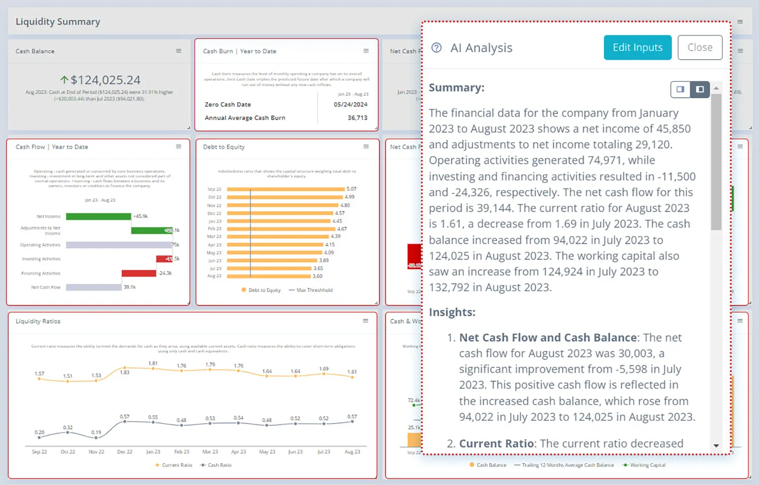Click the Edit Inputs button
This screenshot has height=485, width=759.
(637, 48)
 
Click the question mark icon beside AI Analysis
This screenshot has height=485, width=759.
(436, 48)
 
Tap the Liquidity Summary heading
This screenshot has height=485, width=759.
(58, 22)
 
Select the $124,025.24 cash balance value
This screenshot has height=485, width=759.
(105, 80)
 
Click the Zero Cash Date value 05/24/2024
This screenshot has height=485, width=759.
(350, 105)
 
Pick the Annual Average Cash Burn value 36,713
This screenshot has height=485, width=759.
(357, 118)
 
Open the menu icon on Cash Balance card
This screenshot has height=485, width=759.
(179, 51)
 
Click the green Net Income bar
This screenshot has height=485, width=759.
(98, 216)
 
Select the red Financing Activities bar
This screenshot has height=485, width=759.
(139, 273)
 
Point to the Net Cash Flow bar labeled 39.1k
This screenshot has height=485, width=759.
(94, 287)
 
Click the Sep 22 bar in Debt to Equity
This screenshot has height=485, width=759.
(285, 189)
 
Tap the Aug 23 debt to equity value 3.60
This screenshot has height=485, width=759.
(317, 276)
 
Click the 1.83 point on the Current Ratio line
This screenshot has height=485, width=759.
(124, 368)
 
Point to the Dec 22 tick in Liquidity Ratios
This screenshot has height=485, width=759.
(124, 452)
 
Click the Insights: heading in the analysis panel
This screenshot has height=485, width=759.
(452, 312)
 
